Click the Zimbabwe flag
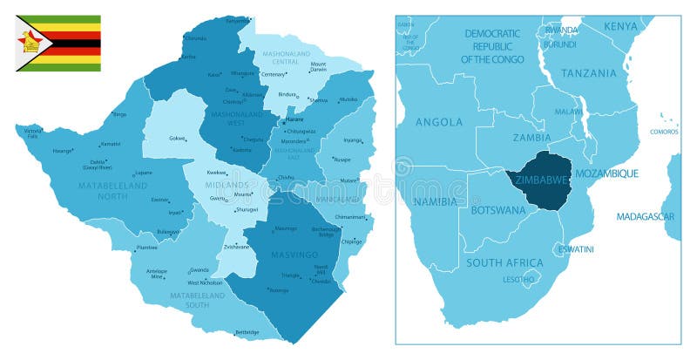[x=59, y=43]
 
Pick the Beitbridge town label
[x=247, y=332]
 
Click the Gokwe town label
[x=177, y=138]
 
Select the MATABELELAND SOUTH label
[x=196, y=300]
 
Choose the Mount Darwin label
[x=318, y=66]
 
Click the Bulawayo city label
[x=168, y=231]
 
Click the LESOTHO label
[x=518, y=279]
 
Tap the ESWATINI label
[x=576, y=249]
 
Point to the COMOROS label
[x=664, y=132]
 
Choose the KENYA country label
[x=620, y=26]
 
